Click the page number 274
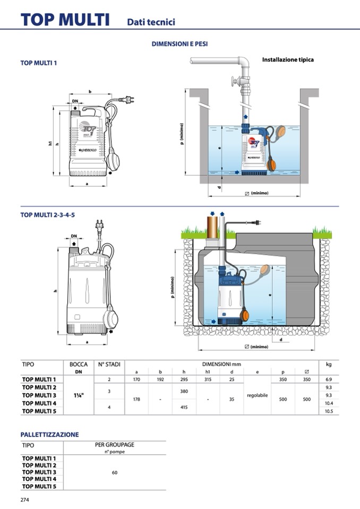(x=24, y=499)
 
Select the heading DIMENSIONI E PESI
(x=179, y=44)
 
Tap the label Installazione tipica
(x=288, y=59)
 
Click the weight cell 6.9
(x=328, y=379)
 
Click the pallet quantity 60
(x=115, y=472)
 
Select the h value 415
(x=184, y=407)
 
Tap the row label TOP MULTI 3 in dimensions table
(x=39, y=395)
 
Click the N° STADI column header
(x=109, y=365)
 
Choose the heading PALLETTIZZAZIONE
(x=49, y=435)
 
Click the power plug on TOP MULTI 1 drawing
(x=128, y=99)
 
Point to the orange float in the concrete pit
(x=278, y=133)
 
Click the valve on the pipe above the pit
(x=234, y=83)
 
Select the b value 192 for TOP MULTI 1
(x=160, y=379)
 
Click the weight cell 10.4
(x=328, y=403)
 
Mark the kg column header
(x=328, y=365)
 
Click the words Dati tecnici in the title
(x=151, y=22)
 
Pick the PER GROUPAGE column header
(x=114, y=445)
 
